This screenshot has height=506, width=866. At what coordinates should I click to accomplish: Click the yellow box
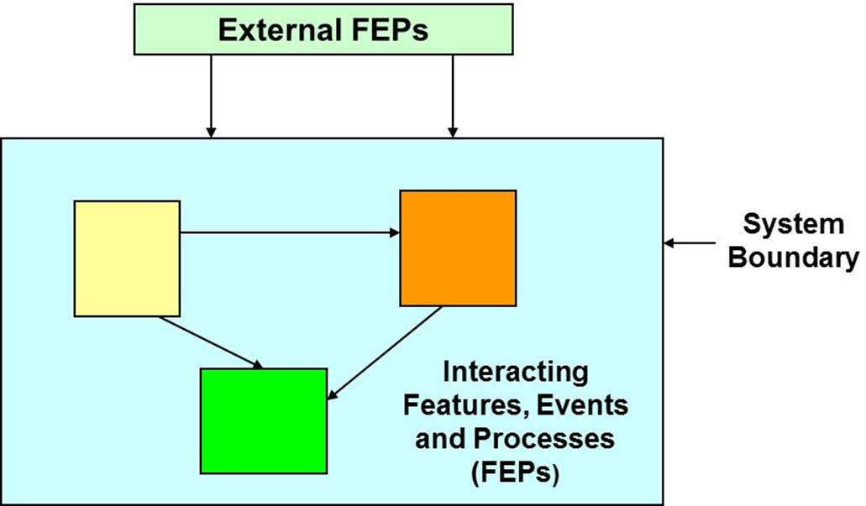[x=127, y=258]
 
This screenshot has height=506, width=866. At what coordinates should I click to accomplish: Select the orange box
[x=457, y=248]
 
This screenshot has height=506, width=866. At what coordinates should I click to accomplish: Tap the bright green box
[x=263, y=420]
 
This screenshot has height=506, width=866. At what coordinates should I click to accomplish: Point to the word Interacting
[x=516, y=371]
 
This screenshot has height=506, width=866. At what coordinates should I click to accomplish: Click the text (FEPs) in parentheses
[x=516, y=472]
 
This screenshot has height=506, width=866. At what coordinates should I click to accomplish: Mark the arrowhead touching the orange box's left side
[x=394, y=232]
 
